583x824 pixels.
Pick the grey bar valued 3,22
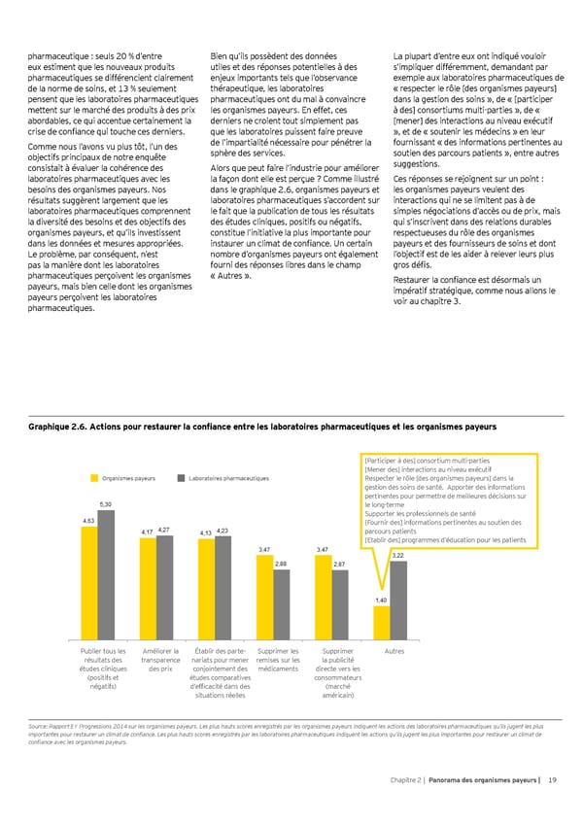point(397,597)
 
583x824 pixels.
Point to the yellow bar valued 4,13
point(206,586)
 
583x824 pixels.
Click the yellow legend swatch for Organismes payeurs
point(95,477)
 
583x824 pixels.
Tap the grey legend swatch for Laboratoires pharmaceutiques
point(182,477)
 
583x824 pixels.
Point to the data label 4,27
point(164,529)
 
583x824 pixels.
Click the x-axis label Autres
point(394,650)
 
